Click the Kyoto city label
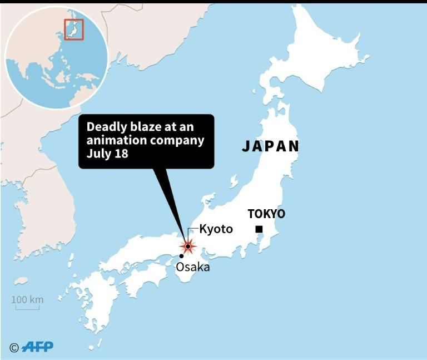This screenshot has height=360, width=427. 216,229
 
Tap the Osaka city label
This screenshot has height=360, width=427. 192,267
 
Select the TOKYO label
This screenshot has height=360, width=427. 266,214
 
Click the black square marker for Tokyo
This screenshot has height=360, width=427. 259,229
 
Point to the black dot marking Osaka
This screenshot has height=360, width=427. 181,256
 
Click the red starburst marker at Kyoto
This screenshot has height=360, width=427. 188,246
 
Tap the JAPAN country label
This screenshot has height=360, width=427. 270,146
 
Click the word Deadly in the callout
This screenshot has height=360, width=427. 103,127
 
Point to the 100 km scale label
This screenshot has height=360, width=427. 27,300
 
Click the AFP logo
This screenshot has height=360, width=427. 38,347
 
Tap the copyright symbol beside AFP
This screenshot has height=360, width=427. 14,347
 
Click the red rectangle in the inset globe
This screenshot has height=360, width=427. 73,29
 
